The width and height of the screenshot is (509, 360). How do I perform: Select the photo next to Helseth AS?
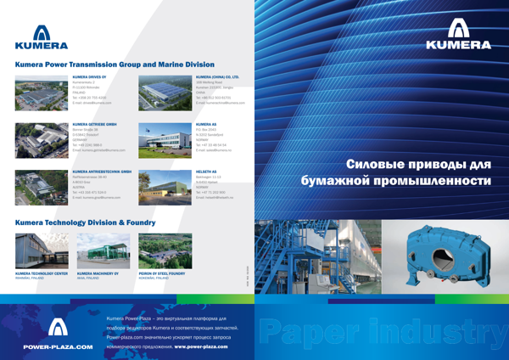[x=156, y=183]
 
